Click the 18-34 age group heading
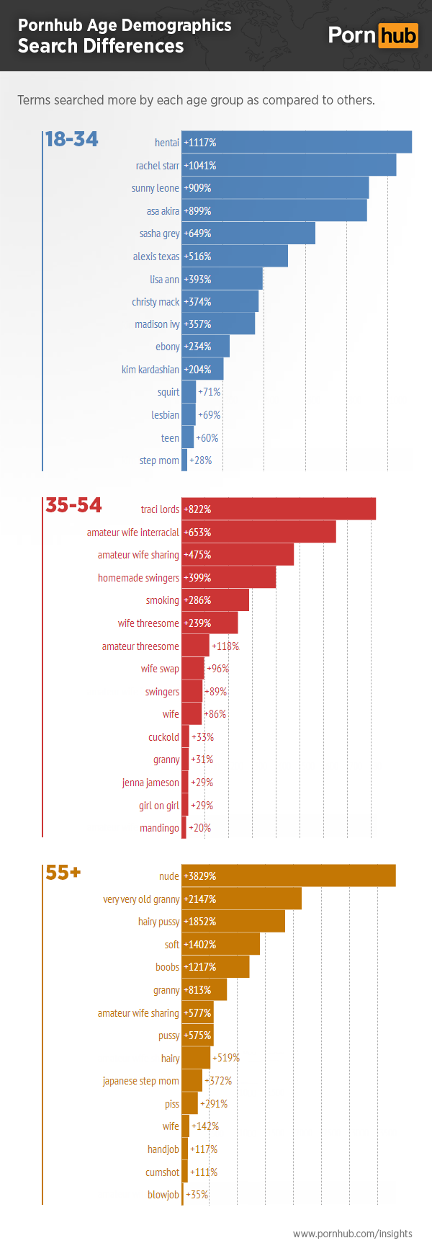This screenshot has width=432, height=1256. (71, 139)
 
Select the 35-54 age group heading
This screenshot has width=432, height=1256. (73, 505)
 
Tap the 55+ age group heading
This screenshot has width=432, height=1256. (63, 873)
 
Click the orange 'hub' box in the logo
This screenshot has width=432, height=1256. (398, 35)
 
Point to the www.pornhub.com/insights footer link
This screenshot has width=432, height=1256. (352, 1234)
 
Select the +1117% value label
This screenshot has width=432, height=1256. (200, 143)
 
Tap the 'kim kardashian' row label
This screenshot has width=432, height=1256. (150, 370)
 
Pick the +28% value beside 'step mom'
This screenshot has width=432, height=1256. (201, 460)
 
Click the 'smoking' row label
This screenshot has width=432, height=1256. (163, 600)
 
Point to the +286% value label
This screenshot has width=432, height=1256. (197, 600)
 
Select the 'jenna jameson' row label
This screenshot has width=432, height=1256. (150, 783)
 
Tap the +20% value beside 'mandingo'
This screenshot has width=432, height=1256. (200, 828)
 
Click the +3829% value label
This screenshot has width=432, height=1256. (200, 876)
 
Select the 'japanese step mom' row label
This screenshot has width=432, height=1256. (140, 1081)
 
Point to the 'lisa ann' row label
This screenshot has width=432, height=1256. (164, 280)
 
